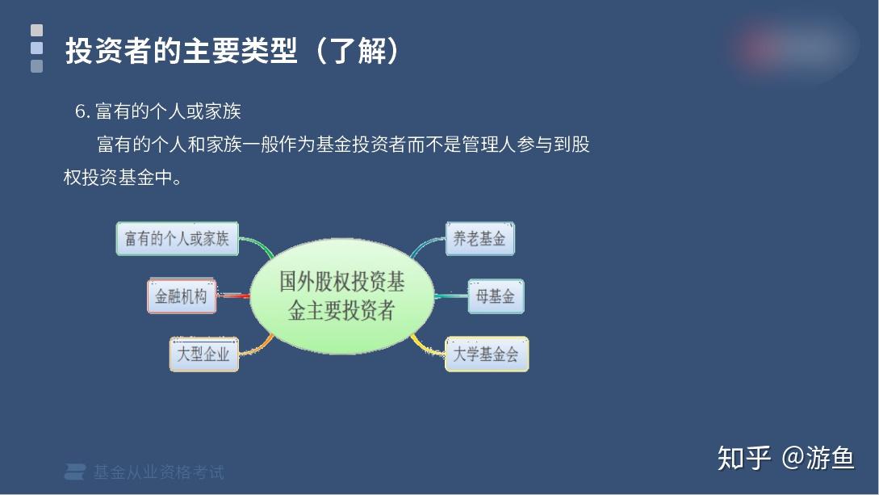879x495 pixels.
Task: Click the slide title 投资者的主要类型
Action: tap(181, 51)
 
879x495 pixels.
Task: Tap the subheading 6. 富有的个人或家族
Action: tap(158, 111)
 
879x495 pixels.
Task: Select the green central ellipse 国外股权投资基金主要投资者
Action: tap(342, 296)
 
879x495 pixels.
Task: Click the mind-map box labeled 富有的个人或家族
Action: tap(177, 239)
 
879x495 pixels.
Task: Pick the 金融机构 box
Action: tap(182, 296)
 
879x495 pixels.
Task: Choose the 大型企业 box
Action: tap(204, 354)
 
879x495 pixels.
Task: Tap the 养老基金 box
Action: tap(480, 239)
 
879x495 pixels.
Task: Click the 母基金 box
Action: tap(496, 296)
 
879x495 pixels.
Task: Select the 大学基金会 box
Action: tap(487, 354)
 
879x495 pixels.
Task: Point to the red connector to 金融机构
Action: tap(233, 296)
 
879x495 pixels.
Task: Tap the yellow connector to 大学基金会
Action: tap(428, 346)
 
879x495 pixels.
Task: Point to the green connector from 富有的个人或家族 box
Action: tap(257, 245)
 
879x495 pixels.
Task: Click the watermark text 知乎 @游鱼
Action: tap(786, 458)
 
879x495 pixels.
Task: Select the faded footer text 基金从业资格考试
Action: tap(159, 472)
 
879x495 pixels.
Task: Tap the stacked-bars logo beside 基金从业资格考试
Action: tap(74, 472)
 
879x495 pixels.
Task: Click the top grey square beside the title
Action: tap(36, 30)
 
